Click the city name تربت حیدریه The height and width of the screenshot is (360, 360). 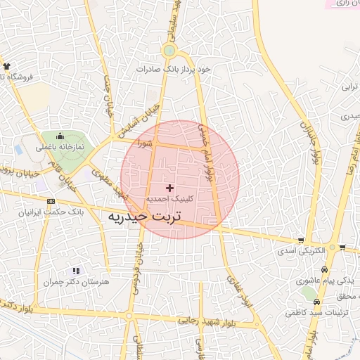pyautogui.click(x=144, y=217)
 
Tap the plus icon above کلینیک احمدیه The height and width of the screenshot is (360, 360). pyautogui.click(x=169, y=188)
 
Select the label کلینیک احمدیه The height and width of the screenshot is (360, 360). pyautogui.click(x=169, y=200)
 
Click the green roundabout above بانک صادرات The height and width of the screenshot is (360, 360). pyautogui.click(x=169, y=51)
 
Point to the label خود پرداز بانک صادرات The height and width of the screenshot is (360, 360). pyautogui.click(x=175, y=69)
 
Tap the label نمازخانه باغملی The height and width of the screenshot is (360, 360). pyautogui.click(x=60, y=147)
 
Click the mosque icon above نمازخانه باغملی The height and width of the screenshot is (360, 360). pyautogui.click(x=60, y=136)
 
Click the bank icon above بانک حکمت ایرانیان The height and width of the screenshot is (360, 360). pyautogui.click(x=50, y=202)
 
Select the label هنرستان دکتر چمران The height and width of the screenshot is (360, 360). pyautogui.click(x=77, y=282)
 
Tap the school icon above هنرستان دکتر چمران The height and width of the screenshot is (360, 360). pyautogui.click(x=77, y=271)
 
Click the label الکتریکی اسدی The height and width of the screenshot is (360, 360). pyautogui.click(x=301, y=250)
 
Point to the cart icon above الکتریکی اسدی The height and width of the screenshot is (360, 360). pyautogui.click(x=301, y=240)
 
